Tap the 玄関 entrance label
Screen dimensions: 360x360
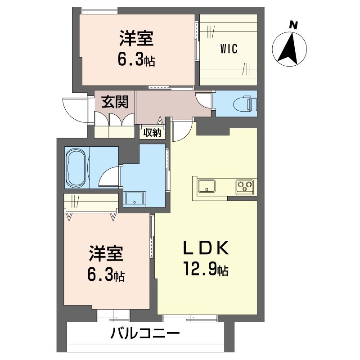click(x=114, y=102)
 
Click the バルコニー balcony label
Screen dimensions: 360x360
click(x=145, y=334)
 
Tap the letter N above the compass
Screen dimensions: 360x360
click(x=293, y=26)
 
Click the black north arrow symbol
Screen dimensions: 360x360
click(x=289, y=48)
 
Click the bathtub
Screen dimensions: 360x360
click(x=76, y=168)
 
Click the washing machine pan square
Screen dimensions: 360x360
click(x=135, y=199)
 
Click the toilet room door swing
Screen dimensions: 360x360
click(x=204, y=100)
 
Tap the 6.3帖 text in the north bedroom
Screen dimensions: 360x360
click(x=136, y=59)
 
